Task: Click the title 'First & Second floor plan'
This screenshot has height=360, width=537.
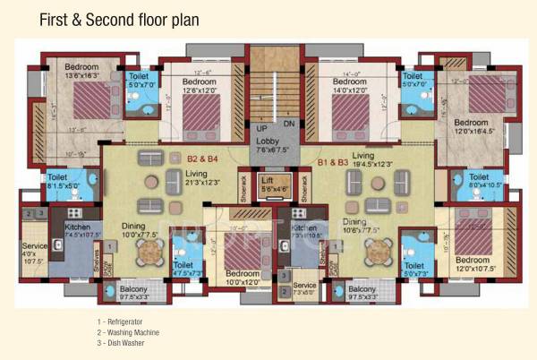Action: pyautogui.click(x=119, y=19)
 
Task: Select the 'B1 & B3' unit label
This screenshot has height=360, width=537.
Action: pyautogui.click(x=335, y=163)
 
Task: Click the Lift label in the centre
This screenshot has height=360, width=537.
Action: pyautogui.click(x=268, y=185)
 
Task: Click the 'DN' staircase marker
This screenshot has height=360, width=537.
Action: pyautogui.click(x=288, y=124)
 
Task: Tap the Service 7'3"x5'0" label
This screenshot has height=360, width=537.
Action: pyautogui.click(x=305, y=288)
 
